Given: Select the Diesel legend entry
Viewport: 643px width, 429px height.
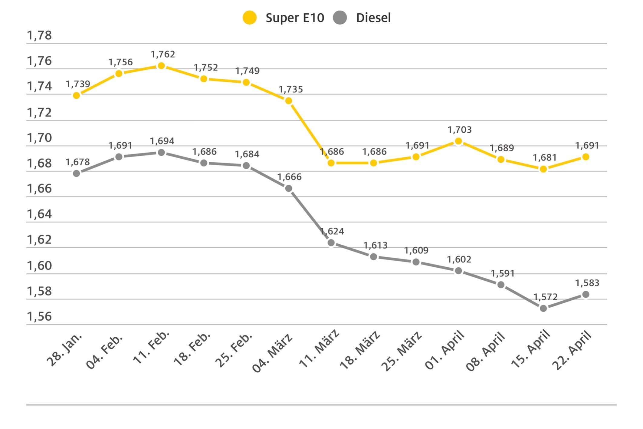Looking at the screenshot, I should pyautogui.click(x=362, y=18).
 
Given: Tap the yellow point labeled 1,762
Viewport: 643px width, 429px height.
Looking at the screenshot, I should pyautogui.click(x=161, y=66).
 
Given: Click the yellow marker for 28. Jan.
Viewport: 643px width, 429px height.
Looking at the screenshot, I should pyautogui.click(x=77, y=95).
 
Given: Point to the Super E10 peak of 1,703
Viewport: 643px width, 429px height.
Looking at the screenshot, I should pyautogui.click(x=458, y=141).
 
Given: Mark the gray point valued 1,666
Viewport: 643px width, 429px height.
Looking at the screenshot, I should pyautogui.click(x=289, y=188).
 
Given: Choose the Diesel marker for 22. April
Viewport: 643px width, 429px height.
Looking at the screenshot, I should pyautogui.click(x=586, y=294).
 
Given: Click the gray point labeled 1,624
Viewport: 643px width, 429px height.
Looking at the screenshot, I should pyautogui.click(x=331, y=243).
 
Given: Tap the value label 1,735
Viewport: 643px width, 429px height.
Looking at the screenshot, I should pyautogui.click(x=290, y=89).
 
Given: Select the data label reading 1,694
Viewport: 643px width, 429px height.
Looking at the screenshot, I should pyautogui.click(x=162, y=141).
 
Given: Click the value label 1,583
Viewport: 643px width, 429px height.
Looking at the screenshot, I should pyautogui.click(x=587, y=283).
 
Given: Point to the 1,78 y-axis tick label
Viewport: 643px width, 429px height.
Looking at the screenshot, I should pyautogui.click(x=39, y=35).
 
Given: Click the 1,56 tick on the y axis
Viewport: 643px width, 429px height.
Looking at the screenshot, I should pyautogui.click(x=39, y=316).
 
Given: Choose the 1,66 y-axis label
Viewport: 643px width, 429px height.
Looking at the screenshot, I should pyautogui.click(x=39, y=189).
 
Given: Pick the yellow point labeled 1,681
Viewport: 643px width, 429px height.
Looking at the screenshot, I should pyautogui.click(x=543, y=169).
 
